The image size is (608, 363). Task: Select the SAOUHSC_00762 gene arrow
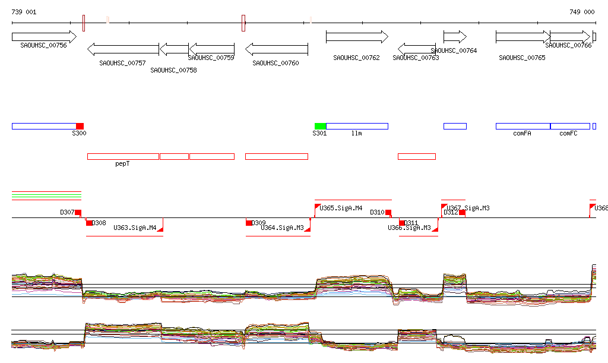coord(356,37)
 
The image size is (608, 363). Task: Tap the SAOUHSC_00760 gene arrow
coord(276,49)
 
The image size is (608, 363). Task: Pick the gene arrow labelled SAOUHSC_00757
coord(123,49)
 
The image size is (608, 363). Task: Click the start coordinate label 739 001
coord(24,12)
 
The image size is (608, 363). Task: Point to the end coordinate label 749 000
coord(582,12)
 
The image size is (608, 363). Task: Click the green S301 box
coord(321,126)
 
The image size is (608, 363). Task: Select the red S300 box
coord(80,126)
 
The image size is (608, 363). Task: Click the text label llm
coord(356,134)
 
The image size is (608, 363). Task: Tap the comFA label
coord(522,134)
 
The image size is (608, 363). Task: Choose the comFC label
coord(568,134)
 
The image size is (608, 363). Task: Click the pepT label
coord(122,163)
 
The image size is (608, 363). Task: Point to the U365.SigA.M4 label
coord(341,209)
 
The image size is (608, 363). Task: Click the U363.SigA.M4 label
coord(135,228)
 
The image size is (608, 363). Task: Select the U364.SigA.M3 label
coord(282,228)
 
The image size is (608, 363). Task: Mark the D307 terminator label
coord(67,212)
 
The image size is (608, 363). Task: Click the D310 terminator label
coord(377,212)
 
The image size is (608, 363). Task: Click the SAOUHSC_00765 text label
coord(522,58)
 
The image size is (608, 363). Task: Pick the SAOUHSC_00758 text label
coord(173,70)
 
